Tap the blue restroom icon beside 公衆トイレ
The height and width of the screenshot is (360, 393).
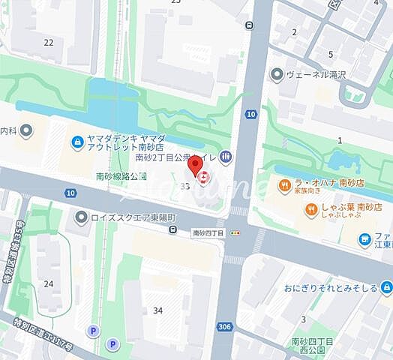226,157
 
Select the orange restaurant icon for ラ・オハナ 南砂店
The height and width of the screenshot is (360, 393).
285,185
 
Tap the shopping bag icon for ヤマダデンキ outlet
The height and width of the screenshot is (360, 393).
76,142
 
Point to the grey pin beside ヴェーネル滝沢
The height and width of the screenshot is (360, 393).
278,74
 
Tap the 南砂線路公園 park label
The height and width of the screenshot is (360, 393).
121,177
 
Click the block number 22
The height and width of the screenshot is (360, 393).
49,42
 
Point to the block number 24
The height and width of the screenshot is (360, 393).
49,283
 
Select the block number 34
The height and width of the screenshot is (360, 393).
157,310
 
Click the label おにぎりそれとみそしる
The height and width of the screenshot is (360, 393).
331,286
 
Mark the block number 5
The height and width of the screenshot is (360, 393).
330,54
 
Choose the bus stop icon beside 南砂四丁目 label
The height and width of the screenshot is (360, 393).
174,233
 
